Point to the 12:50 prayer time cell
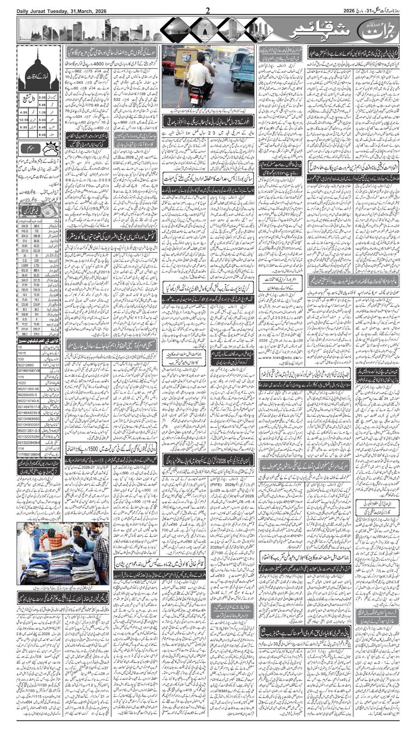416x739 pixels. (24, 120)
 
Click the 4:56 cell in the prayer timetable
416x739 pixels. (24, 112)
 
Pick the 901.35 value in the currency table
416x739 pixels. (24, 270)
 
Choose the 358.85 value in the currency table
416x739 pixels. (24, 313)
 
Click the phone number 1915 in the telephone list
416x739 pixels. (22, 353)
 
